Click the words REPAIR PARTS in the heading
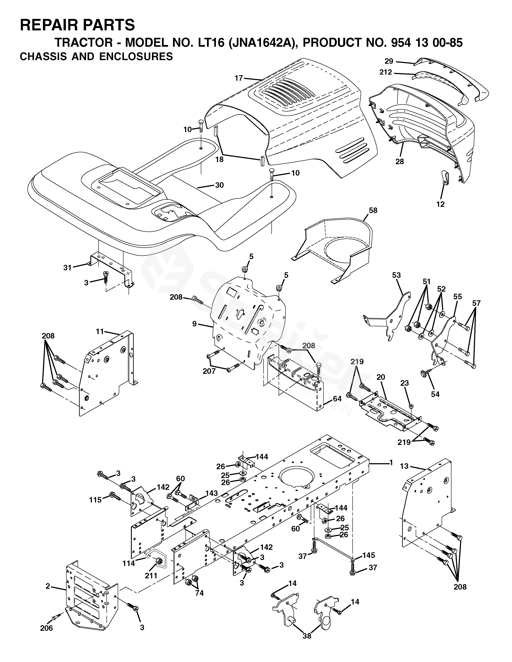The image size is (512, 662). tap(77, 25)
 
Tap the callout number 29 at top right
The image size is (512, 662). tap(389, 61)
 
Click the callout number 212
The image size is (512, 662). tap(386, 72)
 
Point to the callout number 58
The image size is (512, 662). tap(373, 210)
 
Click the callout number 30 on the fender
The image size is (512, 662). tap(219, 185)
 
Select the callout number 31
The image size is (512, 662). tap(67, 268)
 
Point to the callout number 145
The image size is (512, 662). tap(369, 555)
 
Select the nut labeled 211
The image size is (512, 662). tap(158, 561)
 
